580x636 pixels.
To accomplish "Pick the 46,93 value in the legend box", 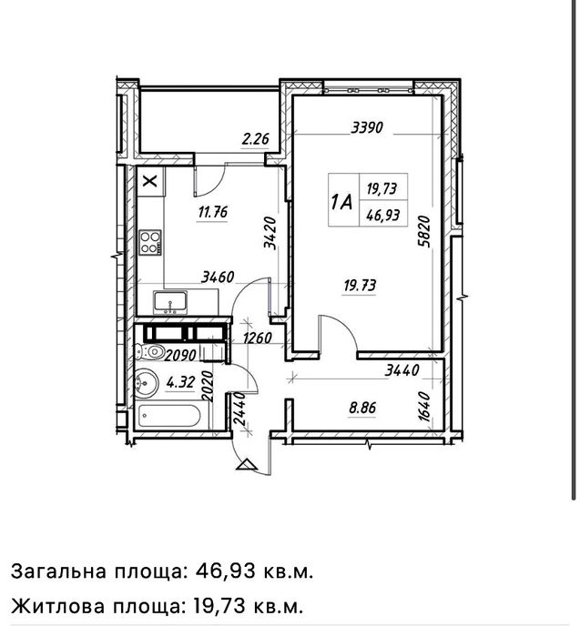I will point(382,215).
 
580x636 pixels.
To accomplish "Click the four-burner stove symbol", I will point(150,243).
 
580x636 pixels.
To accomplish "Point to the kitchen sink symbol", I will point(169,301).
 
